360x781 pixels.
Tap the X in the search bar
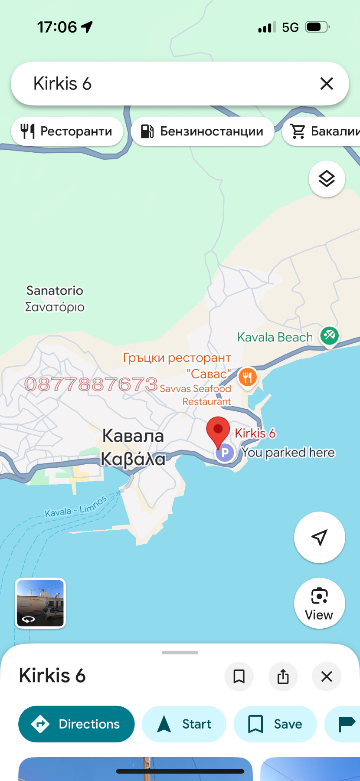click(x=327, y=83)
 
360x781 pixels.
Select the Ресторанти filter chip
click(x=67, y=131)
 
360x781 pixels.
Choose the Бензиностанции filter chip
click(x=203, y=131)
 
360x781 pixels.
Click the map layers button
click(x=327, y=179)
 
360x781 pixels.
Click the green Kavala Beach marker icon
click(x=329, y=336)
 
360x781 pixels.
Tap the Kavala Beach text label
click(x=275, y=337)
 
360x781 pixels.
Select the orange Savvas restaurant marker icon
click(x=247, y=377)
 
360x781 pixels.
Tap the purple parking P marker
click(x=225, y=453)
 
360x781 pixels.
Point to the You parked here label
click(x=288, y=453)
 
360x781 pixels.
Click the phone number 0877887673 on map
click(x=91, y=384)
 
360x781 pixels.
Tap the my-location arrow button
click(x=319, y=537)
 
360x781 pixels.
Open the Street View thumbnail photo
click(x=40, y=603)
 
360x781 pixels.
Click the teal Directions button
click(x=76, y=724)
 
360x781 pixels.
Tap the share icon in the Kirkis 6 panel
click(x=283, y=676)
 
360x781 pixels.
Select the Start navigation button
click(x=184, y=724)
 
